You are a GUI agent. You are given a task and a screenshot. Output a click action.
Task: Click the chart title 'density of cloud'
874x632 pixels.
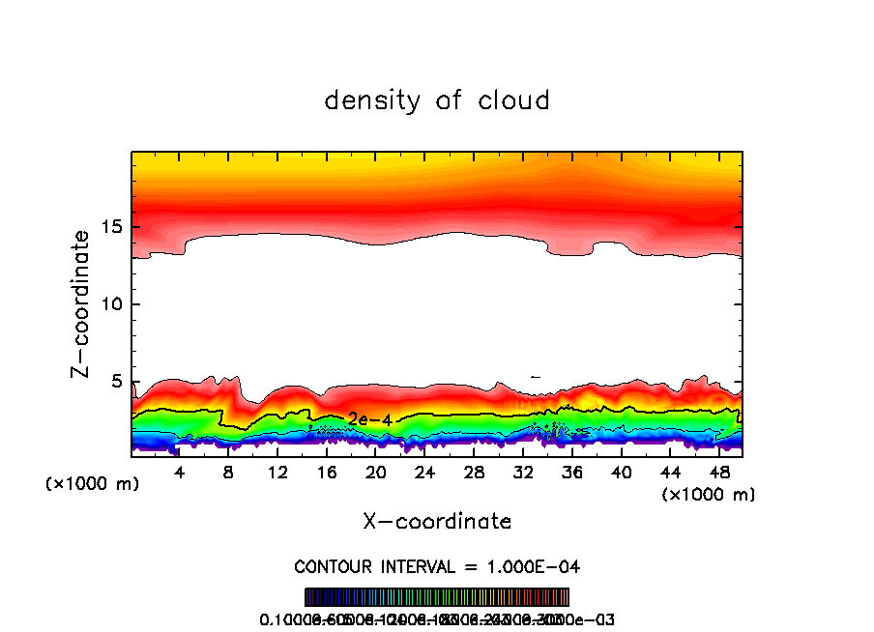tap(437, 101)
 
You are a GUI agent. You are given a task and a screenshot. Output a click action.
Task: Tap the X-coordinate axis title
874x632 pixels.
tap(437, 522)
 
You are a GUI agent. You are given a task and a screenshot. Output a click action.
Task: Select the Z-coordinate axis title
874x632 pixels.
tap(83, 303)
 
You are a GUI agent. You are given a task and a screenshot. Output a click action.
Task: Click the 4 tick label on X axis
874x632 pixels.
tap(180, 473)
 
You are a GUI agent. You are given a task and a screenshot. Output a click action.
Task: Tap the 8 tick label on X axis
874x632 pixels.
tap(228, 473)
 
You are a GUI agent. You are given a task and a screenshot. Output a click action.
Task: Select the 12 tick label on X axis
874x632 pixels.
tap(277, 473)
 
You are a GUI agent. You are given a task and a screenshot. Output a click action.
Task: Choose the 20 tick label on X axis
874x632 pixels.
tap(375, 473)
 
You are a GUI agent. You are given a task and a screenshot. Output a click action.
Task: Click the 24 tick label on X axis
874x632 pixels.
tap(424, 473)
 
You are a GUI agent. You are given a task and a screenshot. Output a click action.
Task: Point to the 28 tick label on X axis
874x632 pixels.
tap(474, 473)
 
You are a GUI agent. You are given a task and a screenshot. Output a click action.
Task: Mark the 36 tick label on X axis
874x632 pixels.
tap(571, 473)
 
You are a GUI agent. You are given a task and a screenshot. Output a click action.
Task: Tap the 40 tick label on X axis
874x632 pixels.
tap(621, 473)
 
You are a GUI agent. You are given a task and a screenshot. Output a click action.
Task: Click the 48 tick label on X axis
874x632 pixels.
tap(718, 473)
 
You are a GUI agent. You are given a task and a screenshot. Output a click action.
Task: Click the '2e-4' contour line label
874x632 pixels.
tap(367, 418)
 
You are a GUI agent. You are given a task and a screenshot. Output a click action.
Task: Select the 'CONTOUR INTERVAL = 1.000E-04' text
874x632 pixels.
tap(437, 566)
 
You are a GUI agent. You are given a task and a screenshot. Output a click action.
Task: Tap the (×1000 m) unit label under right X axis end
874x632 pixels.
tap(709, 495)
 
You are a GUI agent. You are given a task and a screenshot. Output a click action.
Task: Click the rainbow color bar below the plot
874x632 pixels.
tap(437, 597)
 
